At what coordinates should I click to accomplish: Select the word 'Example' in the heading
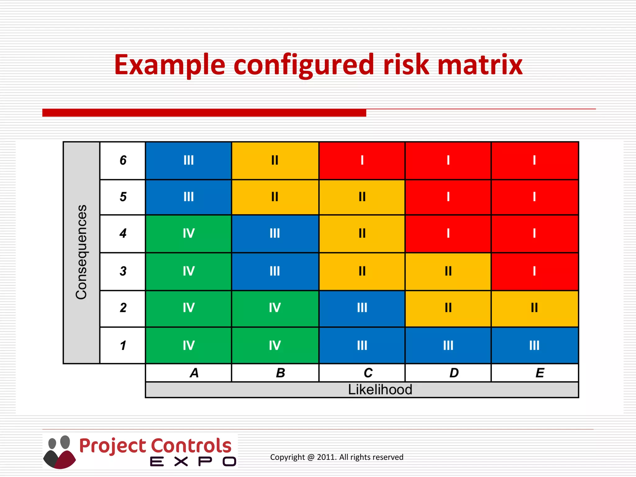point(170,65)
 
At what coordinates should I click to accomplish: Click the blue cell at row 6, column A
point(189,161)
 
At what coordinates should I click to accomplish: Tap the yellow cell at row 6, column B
point(275,161)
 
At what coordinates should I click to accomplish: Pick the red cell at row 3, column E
point(534,271)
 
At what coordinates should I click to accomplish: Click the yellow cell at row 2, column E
point(534,308)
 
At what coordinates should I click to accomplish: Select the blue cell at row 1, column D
point(448,345)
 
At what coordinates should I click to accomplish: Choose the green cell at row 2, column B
point(275,308)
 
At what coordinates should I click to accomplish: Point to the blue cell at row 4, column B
point(275,234)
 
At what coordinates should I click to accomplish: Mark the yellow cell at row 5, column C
point(362,197)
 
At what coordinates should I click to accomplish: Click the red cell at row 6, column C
point(362,161)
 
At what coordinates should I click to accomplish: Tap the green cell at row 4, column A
point(189,234)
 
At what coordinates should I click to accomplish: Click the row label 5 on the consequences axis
point(123,197)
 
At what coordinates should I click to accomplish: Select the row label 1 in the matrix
point(123,345)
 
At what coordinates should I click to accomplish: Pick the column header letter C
point(368,373)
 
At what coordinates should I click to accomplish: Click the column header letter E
point(540,373)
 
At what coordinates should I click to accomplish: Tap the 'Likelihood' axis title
point(380,390)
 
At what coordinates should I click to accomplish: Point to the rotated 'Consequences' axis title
point(81,252)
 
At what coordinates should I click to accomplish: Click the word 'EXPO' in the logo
point(193,462)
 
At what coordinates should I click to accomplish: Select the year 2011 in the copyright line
point(326,457)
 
